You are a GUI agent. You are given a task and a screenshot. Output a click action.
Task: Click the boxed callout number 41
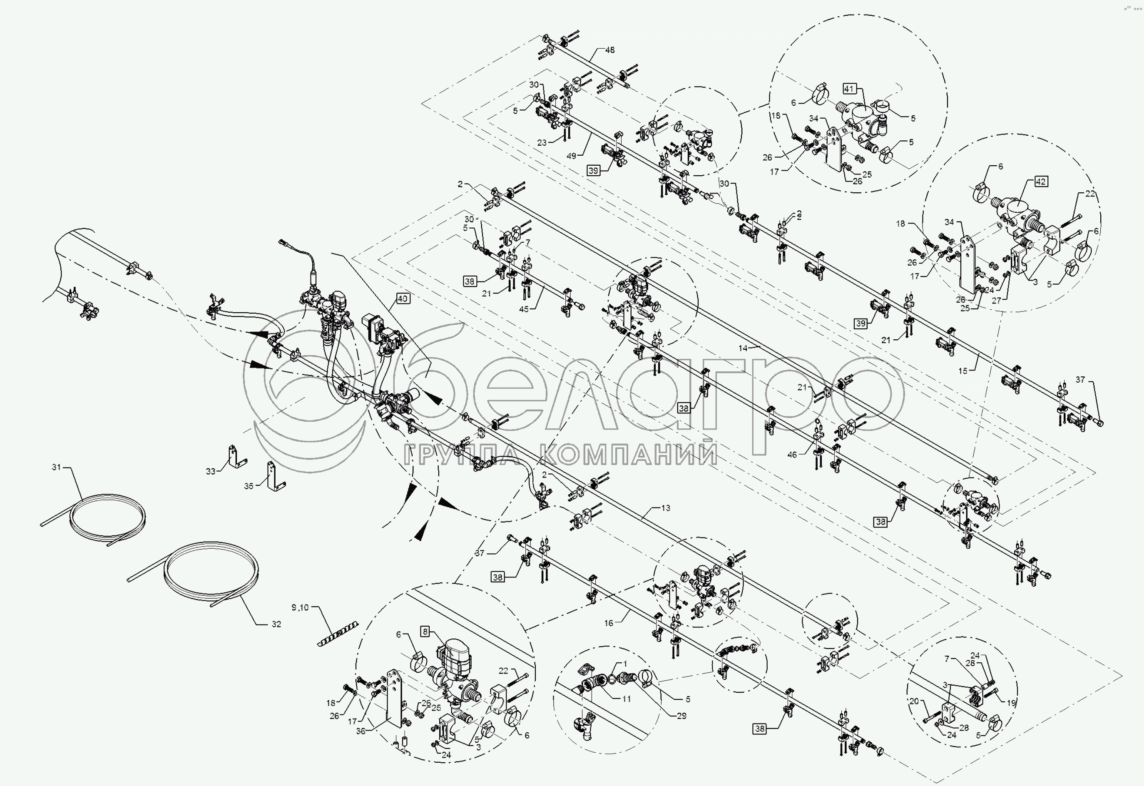coord(849,89)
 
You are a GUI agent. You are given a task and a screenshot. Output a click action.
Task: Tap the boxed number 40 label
coord(402,298)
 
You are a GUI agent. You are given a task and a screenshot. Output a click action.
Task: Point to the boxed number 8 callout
coord(425,632)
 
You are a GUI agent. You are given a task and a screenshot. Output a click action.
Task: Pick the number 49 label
coord(571,156)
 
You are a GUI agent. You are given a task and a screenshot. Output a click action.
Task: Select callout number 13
coord(665,508)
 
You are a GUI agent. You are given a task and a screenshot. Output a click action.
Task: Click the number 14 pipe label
coord(743,348)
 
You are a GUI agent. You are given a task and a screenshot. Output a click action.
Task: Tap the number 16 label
coord(609,623)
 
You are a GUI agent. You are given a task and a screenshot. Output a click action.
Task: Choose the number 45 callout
coord(523,309)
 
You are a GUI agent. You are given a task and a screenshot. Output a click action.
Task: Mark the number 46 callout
coord(792,455)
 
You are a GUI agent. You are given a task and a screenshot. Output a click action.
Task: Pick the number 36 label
coord(361,731)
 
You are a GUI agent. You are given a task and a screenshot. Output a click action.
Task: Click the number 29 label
coord(681,716)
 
